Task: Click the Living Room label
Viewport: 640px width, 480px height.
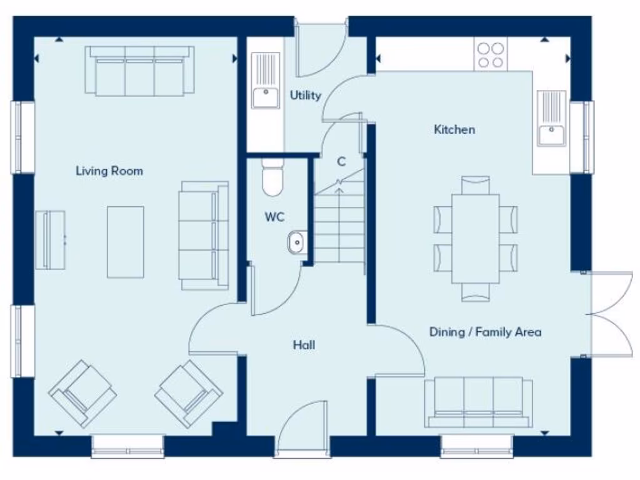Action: point(109,171)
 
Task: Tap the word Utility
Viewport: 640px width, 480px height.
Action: point(305,95)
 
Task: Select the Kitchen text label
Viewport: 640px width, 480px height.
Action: point(454,129)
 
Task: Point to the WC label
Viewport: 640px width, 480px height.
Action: point(274,217)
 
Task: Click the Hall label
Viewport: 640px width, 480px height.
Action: point(304,344)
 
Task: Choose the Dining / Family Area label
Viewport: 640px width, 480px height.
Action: point(485,332)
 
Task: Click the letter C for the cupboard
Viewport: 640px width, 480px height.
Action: point(341,161)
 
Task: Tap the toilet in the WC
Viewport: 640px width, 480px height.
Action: point(272,177)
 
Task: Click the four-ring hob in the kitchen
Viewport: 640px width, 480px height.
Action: point(491,54)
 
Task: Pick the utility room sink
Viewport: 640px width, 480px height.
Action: point(266,81)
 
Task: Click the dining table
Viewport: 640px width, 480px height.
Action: point(476,238)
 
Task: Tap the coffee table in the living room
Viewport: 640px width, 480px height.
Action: point(125,242)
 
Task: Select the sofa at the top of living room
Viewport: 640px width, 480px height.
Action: point(139,70)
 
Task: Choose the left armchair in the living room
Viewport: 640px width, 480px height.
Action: point(82,393)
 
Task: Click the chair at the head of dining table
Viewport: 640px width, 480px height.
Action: point(476,185)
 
